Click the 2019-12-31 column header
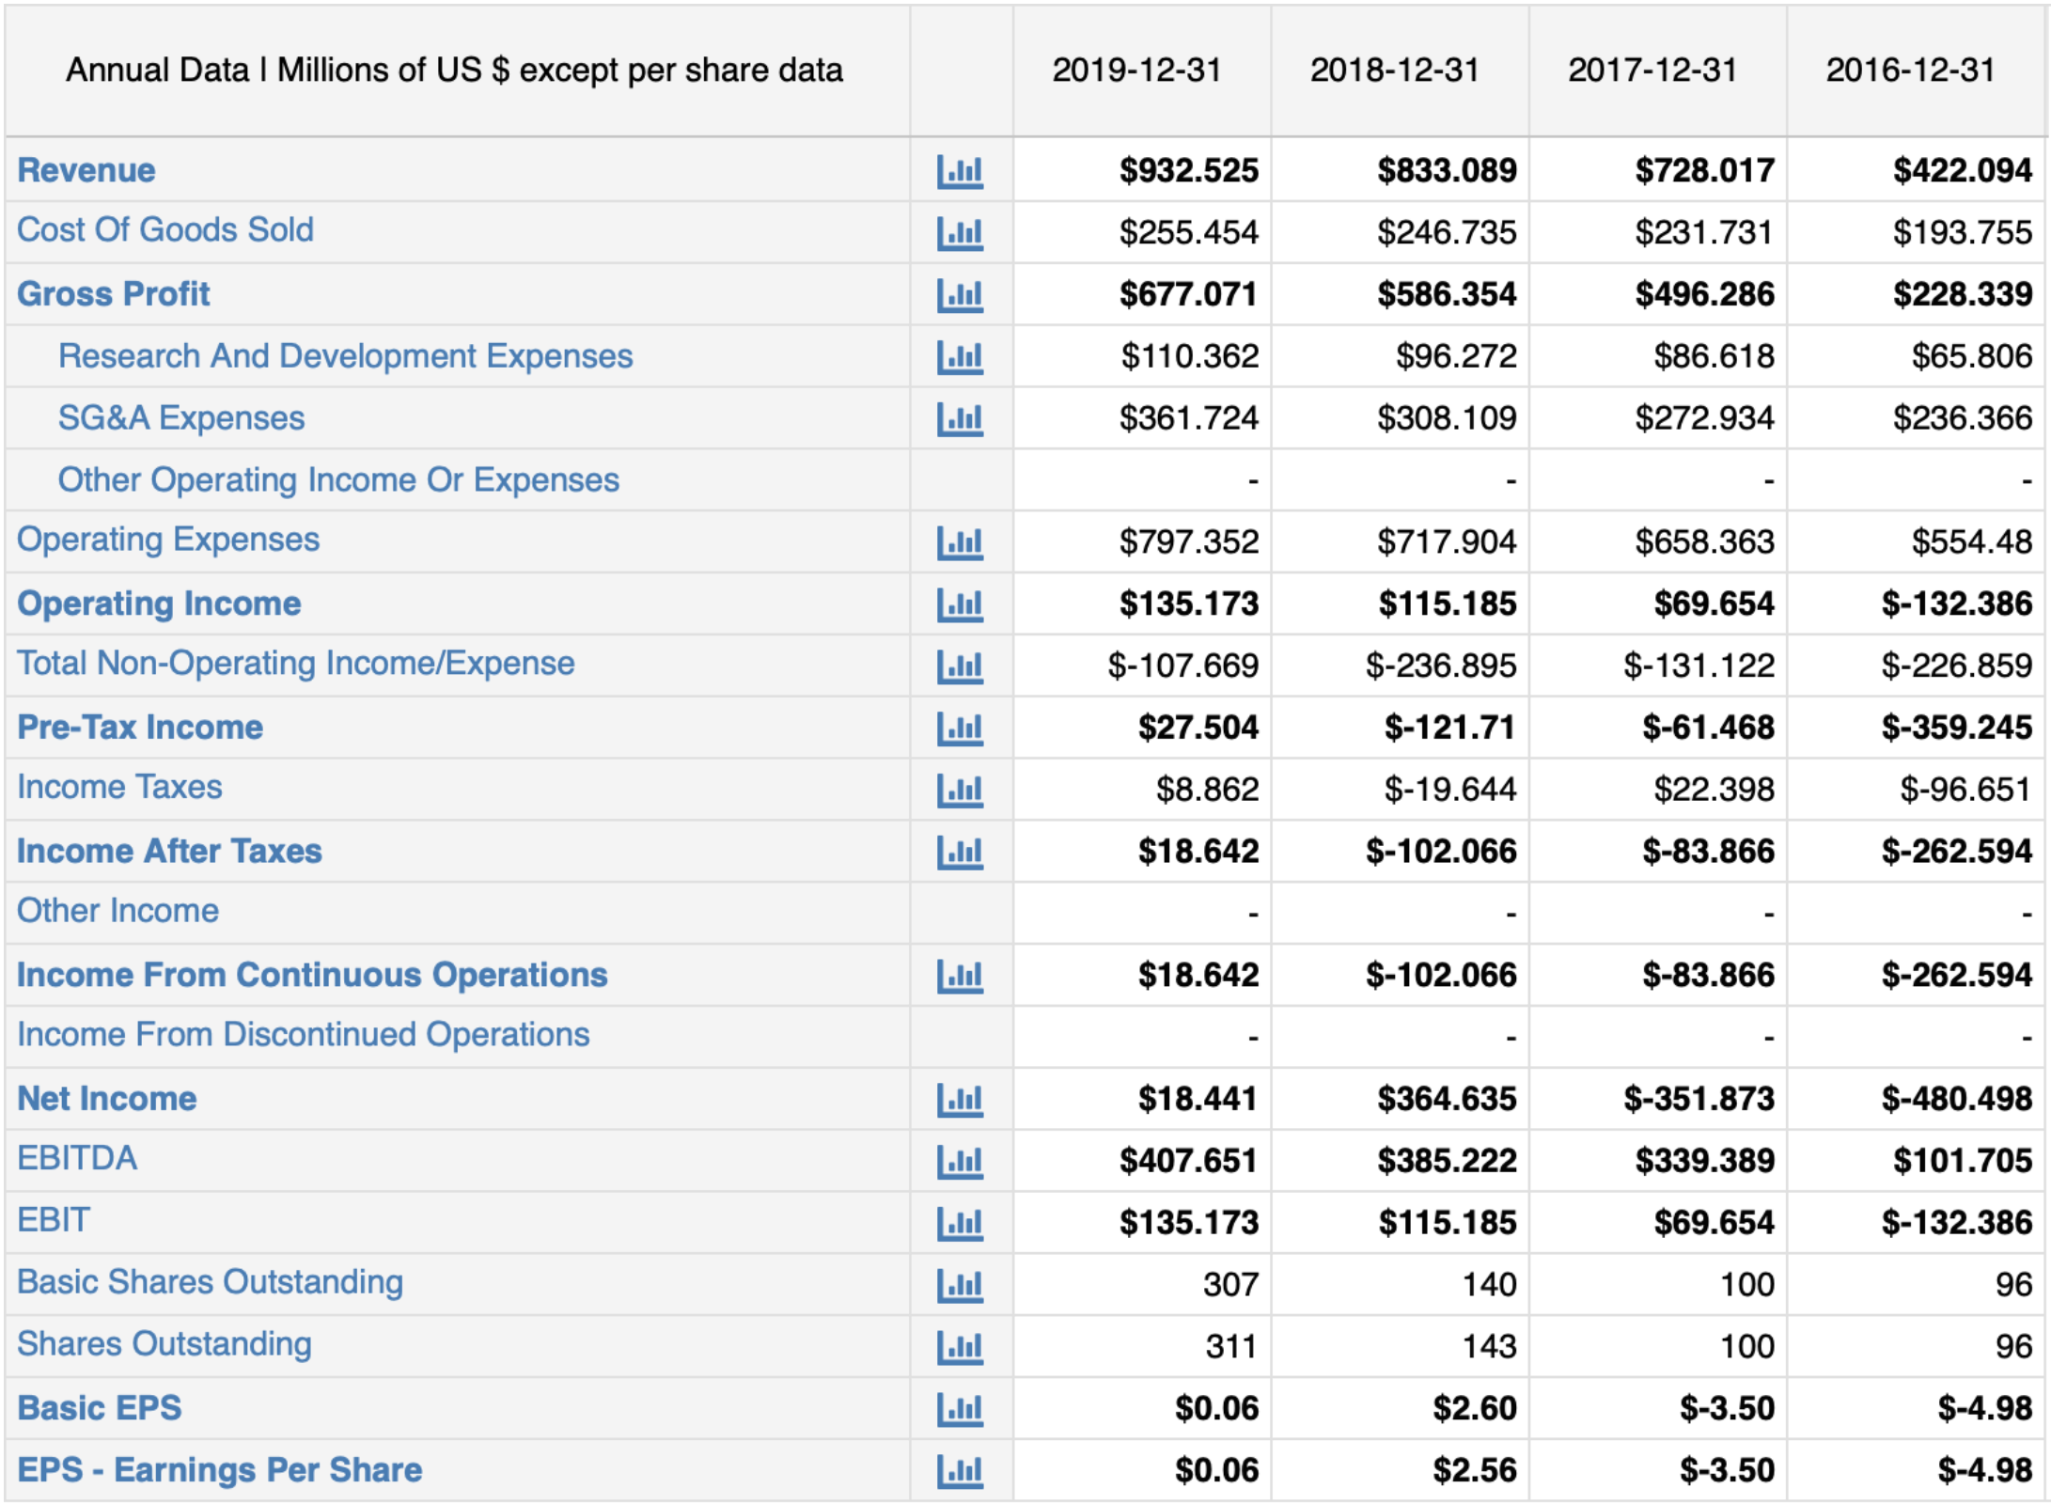coord(1136,70)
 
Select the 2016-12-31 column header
coord(1910,70)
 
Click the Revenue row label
coord(86,170)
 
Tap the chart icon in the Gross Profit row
coord(960,295)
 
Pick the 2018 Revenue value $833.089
coord(1447,170)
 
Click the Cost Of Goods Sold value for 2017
coord(1703,232)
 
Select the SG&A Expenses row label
coord(181,417)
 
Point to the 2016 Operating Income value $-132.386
coord(1957,603)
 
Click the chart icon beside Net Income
coord(960,1099)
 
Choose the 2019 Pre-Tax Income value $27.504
coord(1198,727)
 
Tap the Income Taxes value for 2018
coord(1449,789)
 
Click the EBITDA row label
coord(77,1158)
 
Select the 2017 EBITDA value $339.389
coord(1704,1161)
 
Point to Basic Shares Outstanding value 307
coord(1229,1284)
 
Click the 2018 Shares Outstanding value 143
coord(1489,1346)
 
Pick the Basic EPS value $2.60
coord(1474,1408)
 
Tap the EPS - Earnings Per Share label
coord(220,1469)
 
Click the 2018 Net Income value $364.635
coord(1447,1099)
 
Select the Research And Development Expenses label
coord(345,356)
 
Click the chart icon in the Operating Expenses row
coord(960,542)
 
